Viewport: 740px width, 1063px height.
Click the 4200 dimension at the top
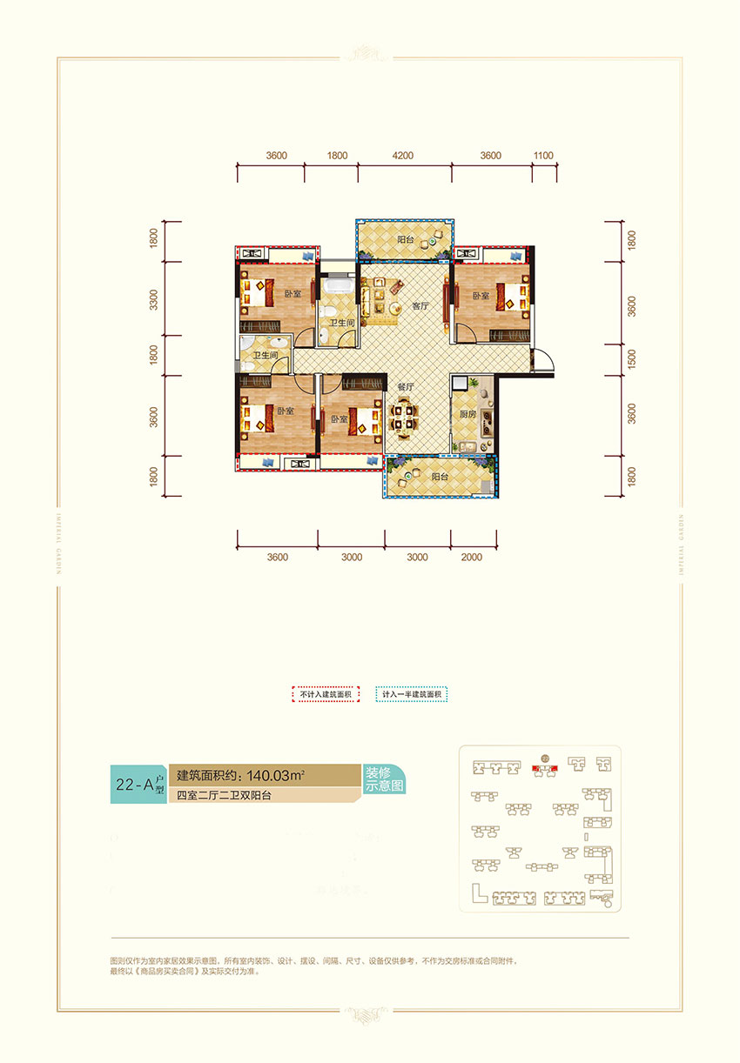(402, 156)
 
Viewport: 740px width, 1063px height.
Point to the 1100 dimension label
(542, 156)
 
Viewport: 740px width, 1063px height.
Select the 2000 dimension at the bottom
(471, 558)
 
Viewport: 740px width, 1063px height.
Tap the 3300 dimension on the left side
(153, 300)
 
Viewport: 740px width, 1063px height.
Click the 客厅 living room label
(420, 306)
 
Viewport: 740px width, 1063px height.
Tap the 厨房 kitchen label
(467, 416)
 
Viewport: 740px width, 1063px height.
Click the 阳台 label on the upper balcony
(406, 239)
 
